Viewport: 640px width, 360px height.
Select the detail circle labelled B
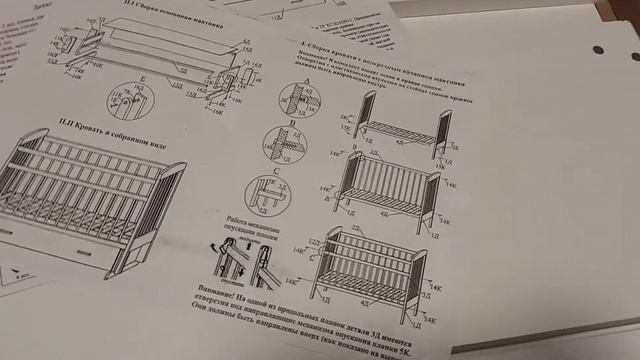pos(279,146)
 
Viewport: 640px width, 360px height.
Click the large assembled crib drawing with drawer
pos(85,200)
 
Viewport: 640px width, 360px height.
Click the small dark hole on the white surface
pos(598,50)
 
